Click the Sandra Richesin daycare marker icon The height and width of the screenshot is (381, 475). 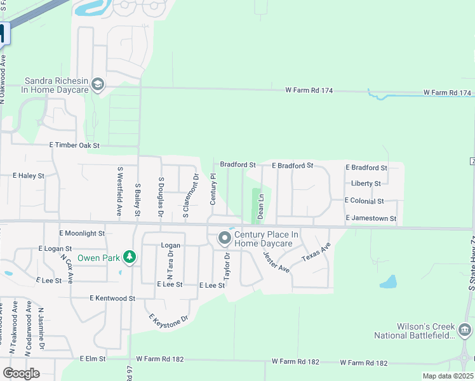(x=98, y=84)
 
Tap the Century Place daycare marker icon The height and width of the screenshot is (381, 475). (x=224, y=239)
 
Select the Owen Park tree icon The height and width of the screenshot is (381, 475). (x=130, y=257)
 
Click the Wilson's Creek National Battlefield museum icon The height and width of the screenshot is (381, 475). (x=464, y=330)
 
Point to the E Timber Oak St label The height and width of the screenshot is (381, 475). (x=75, y=145)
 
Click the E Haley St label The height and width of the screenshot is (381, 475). (x=29, y=175)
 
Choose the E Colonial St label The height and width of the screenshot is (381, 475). (x=364, y=201)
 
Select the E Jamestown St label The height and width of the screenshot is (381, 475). (x=371, y=218)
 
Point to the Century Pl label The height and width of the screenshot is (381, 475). (x=213, y=191)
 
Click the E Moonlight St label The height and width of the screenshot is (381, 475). (x=81, y=234)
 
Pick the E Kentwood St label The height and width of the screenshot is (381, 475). (x=112, y=298)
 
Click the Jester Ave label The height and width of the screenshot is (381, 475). (x=276, y=262)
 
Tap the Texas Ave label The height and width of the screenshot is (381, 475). (x=316, y=253)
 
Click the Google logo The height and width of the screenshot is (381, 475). (x=21, y=373)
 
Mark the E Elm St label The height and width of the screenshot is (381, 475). (x=92, y=359)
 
